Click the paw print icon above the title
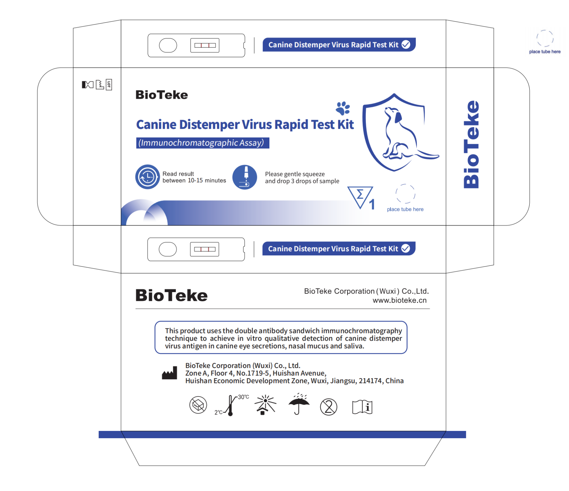pos(343,108)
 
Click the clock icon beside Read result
pos(147,177)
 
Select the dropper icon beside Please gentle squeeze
pos(245,177)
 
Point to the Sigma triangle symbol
pos(360,196)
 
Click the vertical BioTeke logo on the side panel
pos(472,144)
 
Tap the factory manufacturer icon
pos(170,373)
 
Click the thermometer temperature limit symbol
pos(231,406)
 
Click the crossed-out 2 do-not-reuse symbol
pos(328,407)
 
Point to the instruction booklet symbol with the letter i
pos(362,407)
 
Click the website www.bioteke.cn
pos(399,300)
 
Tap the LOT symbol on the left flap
pos(109,85)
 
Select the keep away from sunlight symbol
pos(265,405)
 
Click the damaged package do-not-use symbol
pos(198,405)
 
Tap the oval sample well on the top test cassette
pos(168,45)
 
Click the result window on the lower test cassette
pos(204,249)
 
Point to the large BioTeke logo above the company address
pos(171,295)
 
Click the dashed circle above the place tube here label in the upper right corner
pos(545,38)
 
